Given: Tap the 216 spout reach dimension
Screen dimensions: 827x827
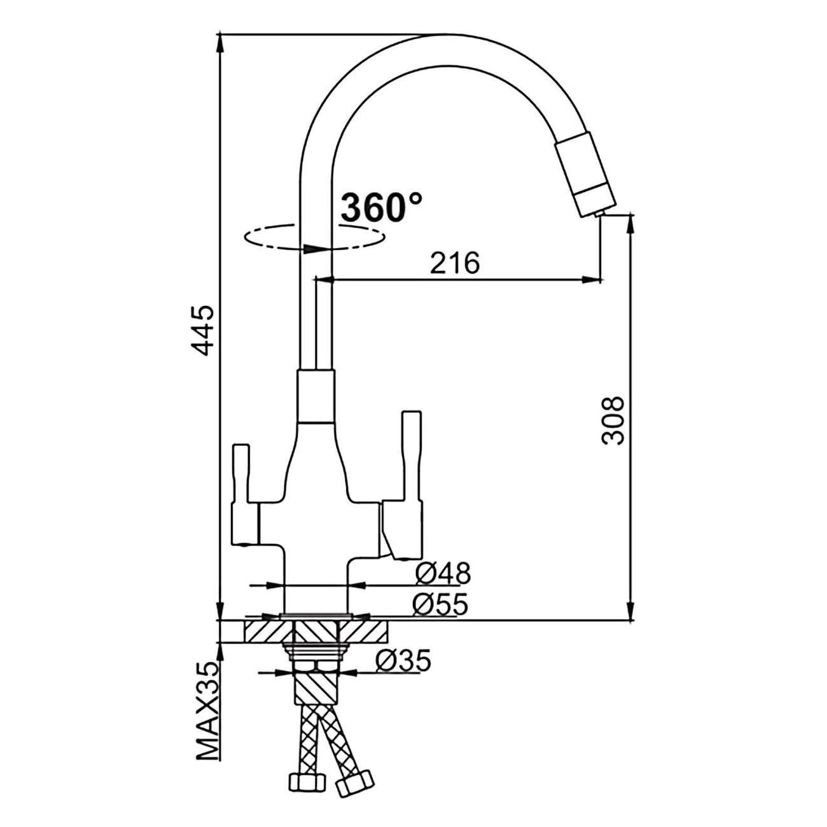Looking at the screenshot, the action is pos(455,263).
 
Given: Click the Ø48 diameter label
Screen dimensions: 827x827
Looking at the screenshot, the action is pos(443,573).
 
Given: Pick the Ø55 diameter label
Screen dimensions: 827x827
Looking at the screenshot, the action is pos(440,605).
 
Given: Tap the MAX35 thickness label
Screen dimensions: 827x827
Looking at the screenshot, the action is pos(208,718).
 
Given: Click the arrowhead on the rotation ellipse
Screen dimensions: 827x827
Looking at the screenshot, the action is pos(314,249).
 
